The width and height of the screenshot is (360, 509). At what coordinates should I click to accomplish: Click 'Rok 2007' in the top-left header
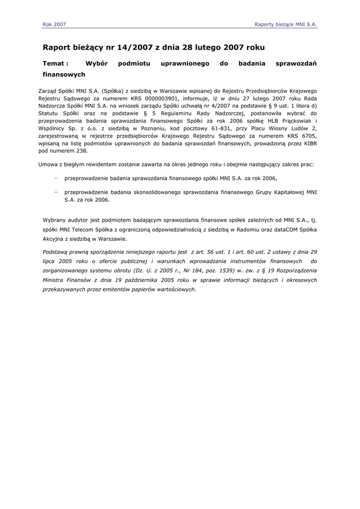(54, 24)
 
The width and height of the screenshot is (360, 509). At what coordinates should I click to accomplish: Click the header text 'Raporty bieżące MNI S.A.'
(285, 24)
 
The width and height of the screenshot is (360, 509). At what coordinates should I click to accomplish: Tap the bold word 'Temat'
(54, 64)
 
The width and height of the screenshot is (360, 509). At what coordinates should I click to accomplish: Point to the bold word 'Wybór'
(96, 64)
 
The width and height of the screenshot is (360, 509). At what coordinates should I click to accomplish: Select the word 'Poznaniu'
(142, 128)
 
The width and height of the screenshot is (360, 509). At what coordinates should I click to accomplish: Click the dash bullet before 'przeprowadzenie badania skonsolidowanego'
(56, 192)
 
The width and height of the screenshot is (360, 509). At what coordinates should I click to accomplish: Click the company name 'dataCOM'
(291, 230)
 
